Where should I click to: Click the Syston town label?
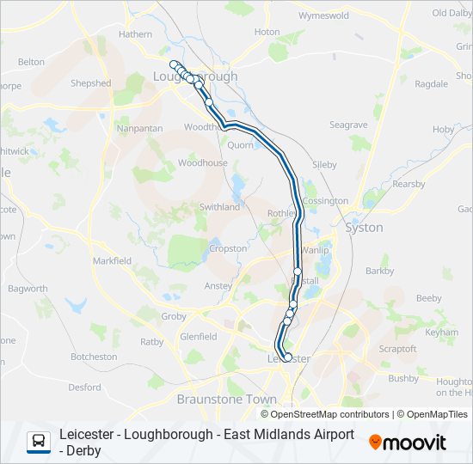pyautogui.click(x=363, y=228)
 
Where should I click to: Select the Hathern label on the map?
pyautogui.click(x=135, y=34)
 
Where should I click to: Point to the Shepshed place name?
pyautogui.click(x=91, y=83)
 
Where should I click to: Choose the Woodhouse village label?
pyautogui.click(x=202, y=162)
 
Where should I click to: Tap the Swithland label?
pyautogui.click(x=219, y=207)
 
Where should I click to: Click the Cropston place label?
pyautogui.click(x=228, y=248)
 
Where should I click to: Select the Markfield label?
pyautogui.click(x=112, y=260)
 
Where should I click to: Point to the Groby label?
pyautogui.click(x=174, y=316)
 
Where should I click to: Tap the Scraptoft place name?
pyautogui.click(x=398, y=350)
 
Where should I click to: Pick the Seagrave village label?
pyautogui.click(x=348, y=125)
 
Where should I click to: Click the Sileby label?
pyautogui.click(x=325, y=163)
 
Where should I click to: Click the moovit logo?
pyautogui.click(x=408, y=443)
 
